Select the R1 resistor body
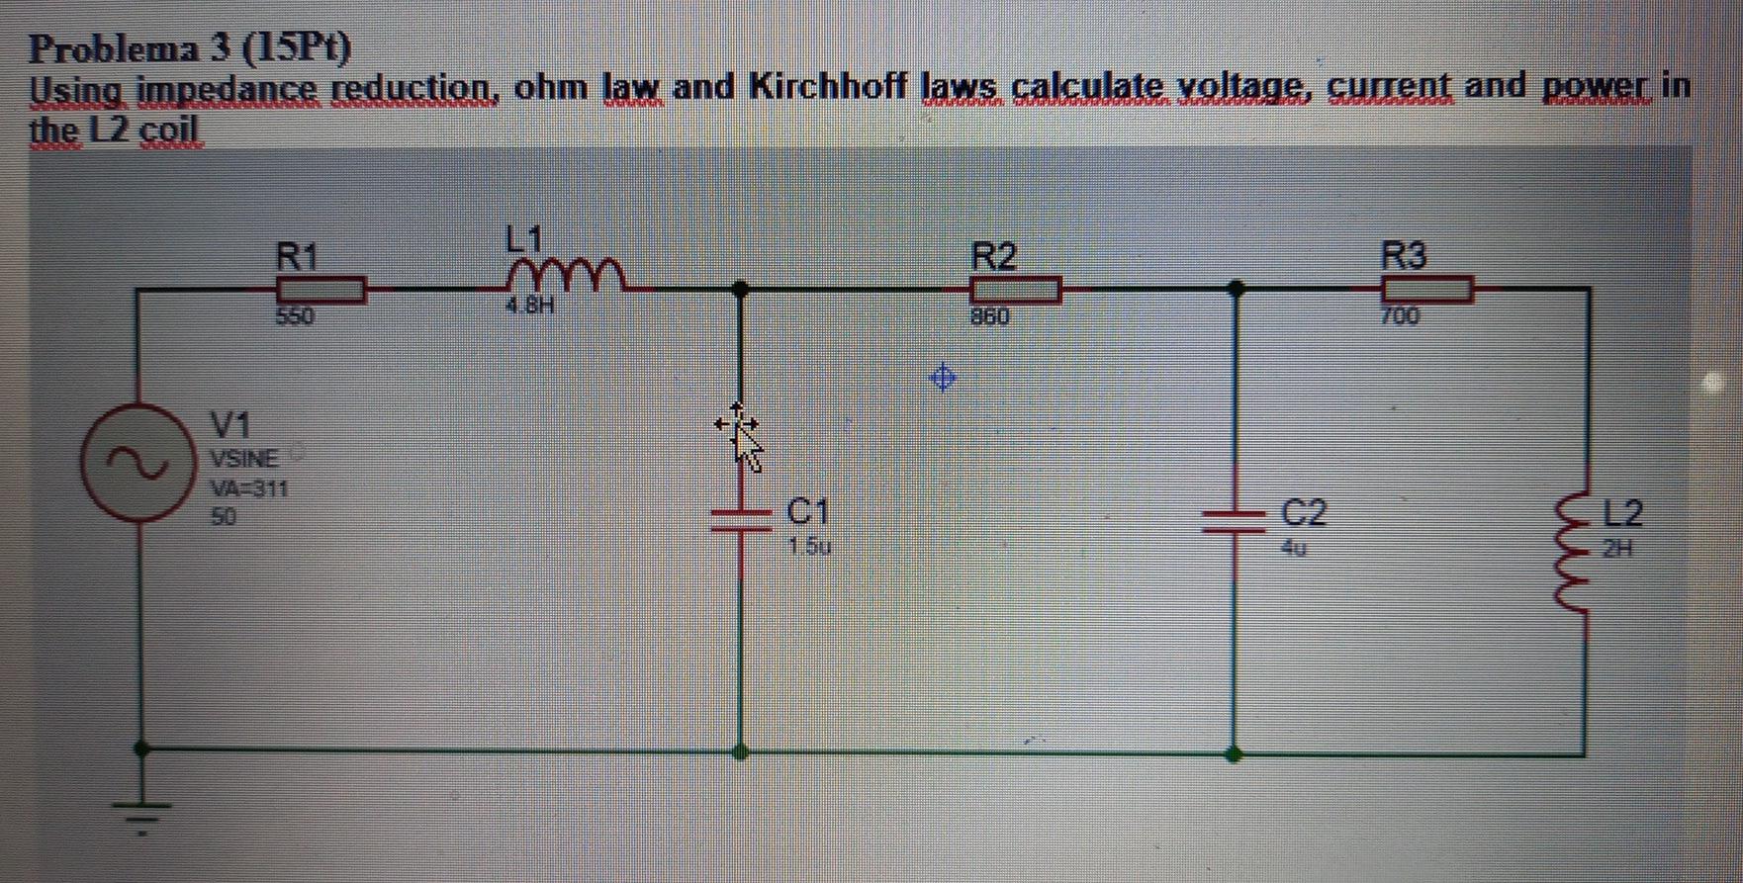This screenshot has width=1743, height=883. [x=321, y=290]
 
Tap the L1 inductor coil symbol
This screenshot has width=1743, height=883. [x=565, y=276]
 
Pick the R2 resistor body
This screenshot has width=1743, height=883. [x=1016, y=290]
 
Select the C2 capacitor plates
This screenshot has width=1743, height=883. [x=1233, y=522]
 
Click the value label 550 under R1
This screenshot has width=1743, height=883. [x=294, y=317]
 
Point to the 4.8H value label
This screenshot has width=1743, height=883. [x=530, y=306]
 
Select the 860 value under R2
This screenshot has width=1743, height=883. [x=989, y=317]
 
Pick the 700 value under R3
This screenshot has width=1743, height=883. [x=1400, y=316]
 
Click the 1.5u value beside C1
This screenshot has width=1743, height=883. [x=810, y=546]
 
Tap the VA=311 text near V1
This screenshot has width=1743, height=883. [x=248, y=488]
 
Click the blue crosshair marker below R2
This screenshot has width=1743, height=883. [x=944, y=377]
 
